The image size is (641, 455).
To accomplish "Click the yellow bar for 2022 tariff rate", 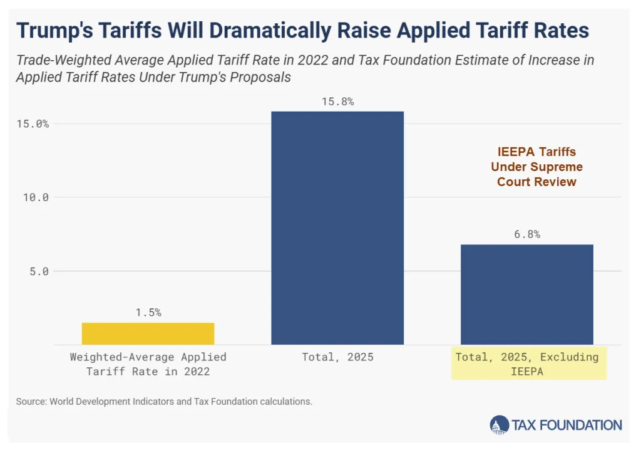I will tap(148, 333).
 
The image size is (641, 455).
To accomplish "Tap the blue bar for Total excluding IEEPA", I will tap(526, 294).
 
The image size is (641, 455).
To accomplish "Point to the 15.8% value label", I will tap(337, 102).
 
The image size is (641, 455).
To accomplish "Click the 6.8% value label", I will tap(526, 234).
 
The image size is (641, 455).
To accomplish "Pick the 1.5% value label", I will tap(148, 313).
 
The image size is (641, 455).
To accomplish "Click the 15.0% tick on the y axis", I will tap(33, 123).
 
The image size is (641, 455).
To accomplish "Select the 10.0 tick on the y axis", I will tap(36, 197).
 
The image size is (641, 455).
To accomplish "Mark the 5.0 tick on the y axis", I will tap(38, 271).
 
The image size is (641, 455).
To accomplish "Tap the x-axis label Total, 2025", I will tap(337, 357).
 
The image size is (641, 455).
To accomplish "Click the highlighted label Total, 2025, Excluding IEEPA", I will tap(527, 363).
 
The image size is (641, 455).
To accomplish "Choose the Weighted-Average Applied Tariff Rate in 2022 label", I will tap(148, 363).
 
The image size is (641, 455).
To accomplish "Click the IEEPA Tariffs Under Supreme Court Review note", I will tap(536, 167).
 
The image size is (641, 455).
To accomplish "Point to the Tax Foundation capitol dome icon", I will tap(499, 425).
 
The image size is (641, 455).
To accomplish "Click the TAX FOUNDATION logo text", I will tap(567, 425).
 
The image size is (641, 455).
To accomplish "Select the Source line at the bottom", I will tap(164, 402).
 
